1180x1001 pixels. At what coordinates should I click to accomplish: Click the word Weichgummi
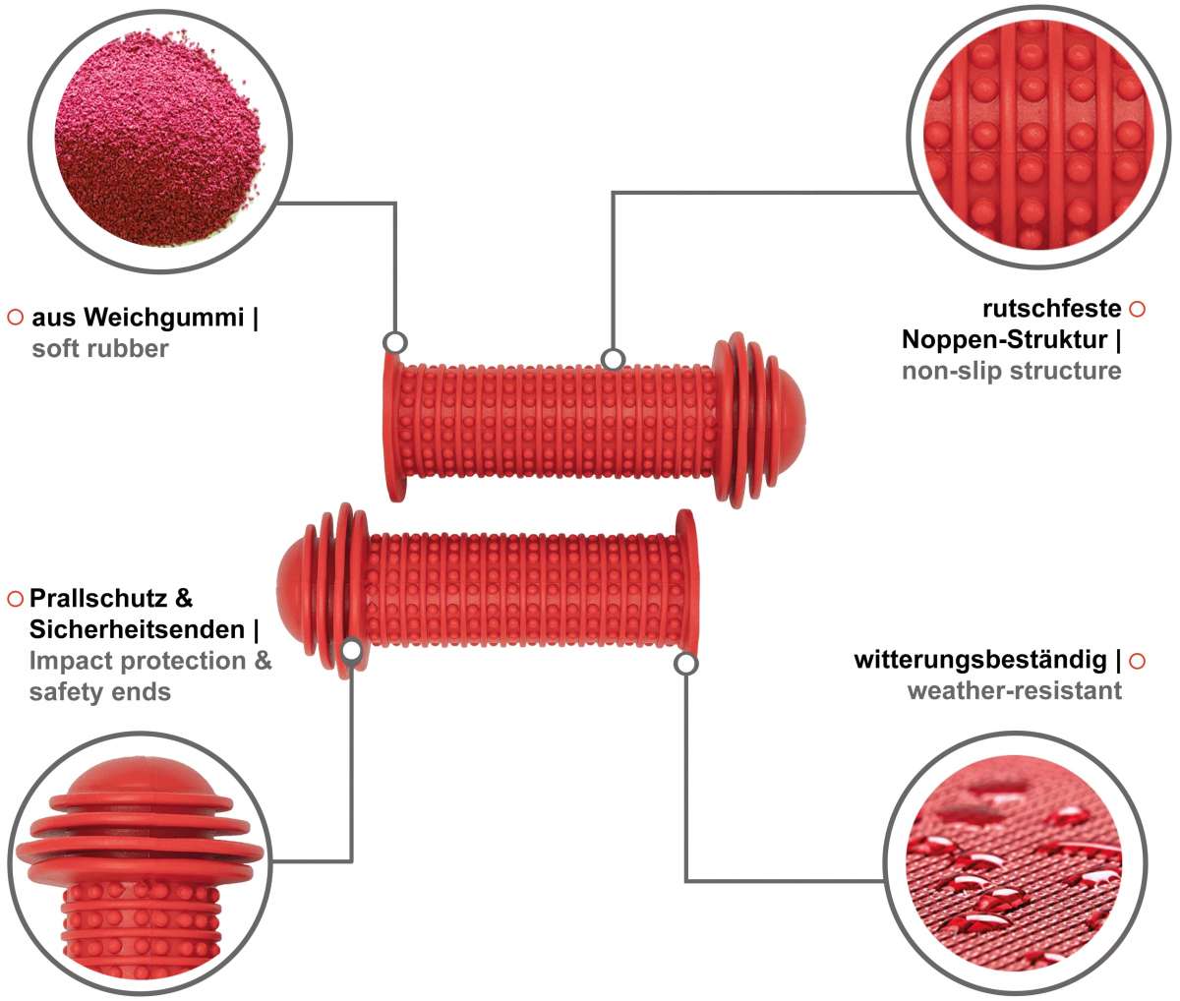164,318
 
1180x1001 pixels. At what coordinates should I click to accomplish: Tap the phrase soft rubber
100,348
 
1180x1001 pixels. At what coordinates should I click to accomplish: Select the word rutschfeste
1051,309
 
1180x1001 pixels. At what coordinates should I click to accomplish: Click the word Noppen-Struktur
1004,340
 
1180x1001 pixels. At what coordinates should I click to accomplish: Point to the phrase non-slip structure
1012,371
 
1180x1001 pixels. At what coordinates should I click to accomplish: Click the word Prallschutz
97,599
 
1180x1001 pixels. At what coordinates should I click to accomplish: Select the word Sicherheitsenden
137,629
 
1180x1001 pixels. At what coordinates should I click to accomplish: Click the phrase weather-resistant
1015,691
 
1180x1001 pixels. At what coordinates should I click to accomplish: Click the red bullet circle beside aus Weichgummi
16,318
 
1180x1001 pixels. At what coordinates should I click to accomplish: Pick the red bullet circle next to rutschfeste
1137,309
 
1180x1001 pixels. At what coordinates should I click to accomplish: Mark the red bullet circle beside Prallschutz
16,599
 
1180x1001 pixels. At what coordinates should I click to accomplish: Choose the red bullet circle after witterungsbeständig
1137,661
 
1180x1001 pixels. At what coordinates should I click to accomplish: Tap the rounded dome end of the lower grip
291,591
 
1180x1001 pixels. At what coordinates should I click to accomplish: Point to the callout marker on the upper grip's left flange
394,342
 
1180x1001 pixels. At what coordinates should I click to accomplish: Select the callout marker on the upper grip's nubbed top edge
613,360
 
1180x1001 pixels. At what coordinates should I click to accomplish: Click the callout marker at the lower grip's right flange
685,664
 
